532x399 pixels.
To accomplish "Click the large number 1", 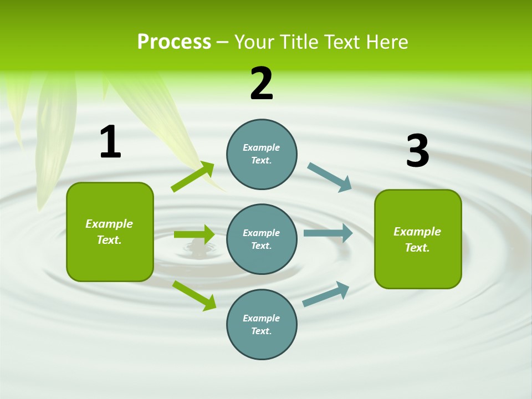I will (x=110, y=142).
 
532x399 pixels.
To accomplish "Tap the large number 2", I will (x=262, y=84).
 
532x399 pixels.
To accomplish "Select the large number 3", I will (x=417, y=151).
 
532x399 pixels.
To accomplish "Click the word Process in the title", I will (x=174, y=42).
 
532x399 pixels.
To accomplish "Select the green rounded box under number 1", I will (x=110, y=232).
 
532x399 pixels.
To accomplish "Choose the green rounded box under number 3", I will (x=418, y=239).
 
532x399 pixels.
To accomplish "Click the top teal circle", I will (x=262, y=154).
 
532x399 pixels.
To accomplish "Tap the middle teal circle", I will (x=262, y=239).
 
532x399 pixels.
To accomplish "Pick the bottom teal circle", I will (x=262, y=324).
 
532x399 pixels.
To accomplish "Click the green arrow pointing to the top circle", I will (x=192, y=177).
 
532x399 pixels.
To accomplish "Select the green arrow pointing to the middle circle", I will (x=194, y=234).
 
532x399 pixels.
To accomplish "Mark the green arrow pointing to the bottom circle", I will (x=194, y=295).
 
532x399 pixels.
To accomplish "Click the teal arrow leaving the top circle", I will (x=329, y=177).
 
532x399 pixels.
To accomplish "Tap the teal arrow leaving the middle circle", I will (x=328, y=233).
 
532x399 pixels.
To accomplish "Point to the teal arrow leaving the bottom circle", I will (x=326, y=294).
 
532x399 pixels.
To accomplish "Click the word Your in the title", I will (x=253, y=42).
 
